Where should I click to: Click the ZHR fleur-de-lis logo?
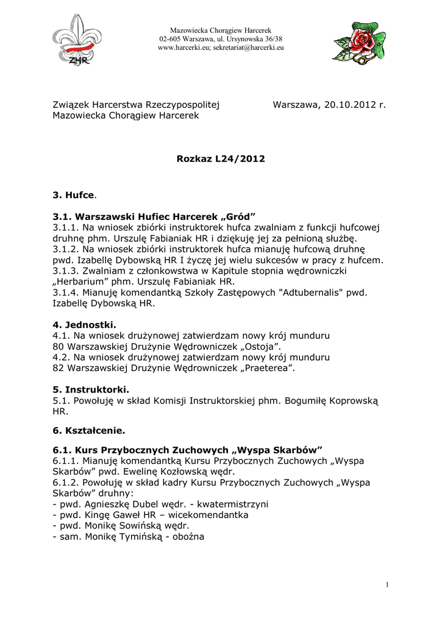click(77, 40)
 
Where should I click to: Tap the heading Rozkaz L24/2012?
click(221, 159)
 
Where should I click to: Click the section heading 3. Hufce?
click(74, 194)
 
